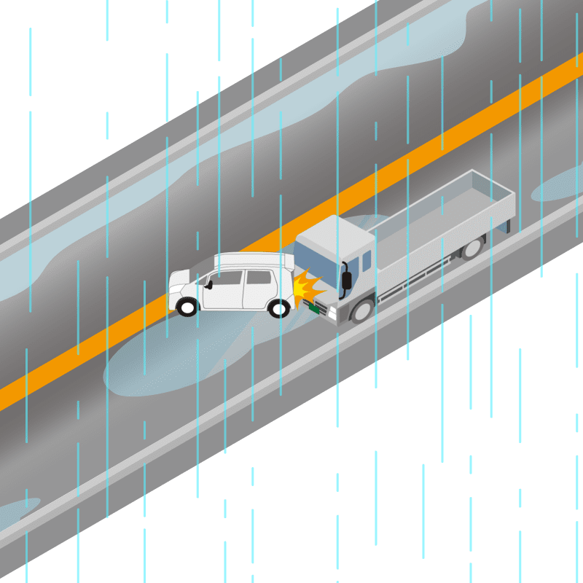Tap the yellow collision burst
tap(306, 288)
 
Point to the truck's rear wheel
tap(472, 248)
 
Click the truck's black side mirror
tap(348, 279)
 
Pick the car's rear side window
tap(258, 277)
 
